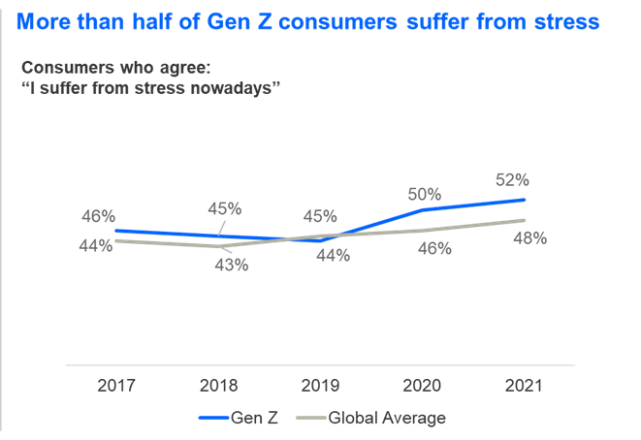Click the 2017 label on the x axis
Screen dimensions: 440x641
tap(116, 385)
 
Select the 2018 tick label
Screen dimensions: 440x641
tap(218, 385)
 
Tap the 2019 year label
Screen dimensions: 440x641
tap(321, 385)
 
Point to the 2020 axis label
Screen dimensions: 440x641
tap(423, 385)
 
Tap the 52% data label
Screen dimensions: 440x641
tap(511, 179)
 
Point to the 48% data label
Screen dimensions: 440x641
tap(529, 237)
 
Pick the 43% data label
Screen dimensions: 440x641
tap(231, 265)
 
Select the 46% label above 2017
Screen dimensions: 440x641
tap(98, 215)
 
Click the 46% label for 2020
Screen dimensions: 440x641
tap(434, 248)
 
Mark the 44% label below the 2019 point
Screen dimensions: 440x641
tap(333, 256)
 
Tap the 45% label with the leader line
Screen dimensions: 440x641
tap(224, 208)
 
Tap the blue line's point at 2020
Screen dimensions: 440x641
tap(423, 209)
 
